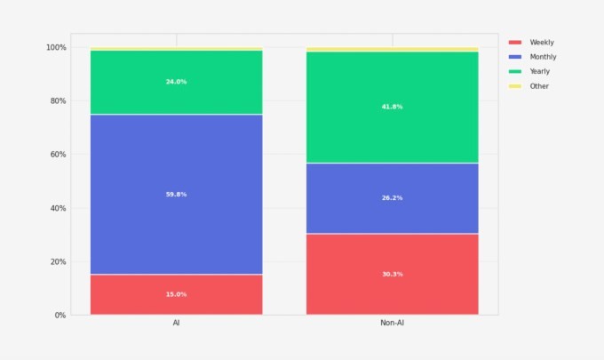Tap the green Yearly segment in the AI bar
pyautogui.click(x=176, y=93)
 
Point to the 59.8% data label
pyautogui.click(x=176, y=194)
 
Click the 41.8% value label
pyautogui.click(x=393, y=107)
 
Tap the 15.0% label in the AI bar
pyautogui.click(x=176, y=294)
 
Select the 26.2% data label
pyautogui.click(x=393, y=197)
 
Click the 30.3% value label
pyautogui.click(x=393, y=274)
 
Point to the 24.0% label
pyautogui.click(x=176, y=82)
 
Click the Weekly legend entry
pyautogui.click(x=541, y=43)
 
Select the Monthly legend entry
pyautogui.click(x=543, y=57)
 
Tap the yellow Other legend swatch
pyautogui.click(x=515, y=86)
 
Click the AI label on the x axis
pyautogui.click(x=176, y=325)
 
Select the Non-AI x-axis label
pyautogui.click(x=393, y=325)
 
